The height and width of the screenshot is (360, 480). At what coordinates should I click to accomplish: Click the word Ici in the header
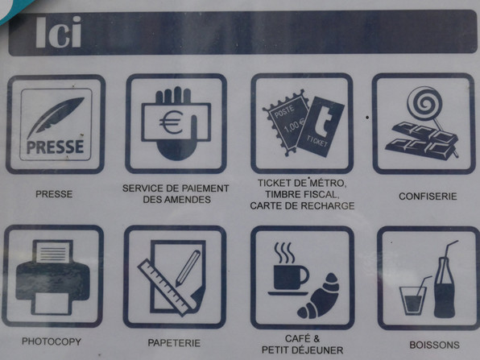click(x=59, y=32)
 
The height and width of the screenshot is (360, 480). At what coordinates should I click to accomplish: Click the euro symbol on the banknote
click(x=171, y=122)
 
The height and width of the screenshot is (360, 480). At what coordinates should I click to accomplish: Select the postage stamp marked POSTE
click(x=286, y=122)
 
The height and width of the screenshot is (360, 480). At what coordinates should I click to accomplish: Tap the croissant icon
click(x=319, y=296)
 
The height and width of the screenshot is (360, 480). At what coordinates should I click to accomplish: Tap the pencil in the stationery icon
click(x=188, y=268)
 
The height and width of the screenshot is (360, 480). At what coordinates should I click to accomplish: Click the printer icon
click(x=52, y=277)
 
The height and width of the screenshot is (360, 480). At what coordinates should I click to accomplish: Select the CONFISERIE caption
click(x=428, y=197)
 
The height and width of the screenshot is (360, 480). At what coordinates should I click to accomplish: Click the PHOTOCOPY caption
click(x=52, y=341)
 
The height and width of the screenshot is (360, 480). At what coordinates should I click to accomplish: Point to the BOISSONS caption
click(x=434, y=345)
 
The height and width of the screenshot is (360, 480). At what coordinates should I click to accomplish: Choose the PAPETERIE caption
click(x=174, y=343)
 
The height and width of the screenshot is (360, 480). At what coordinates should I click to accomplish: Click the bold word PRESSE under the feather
click(x=55, y=147)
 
